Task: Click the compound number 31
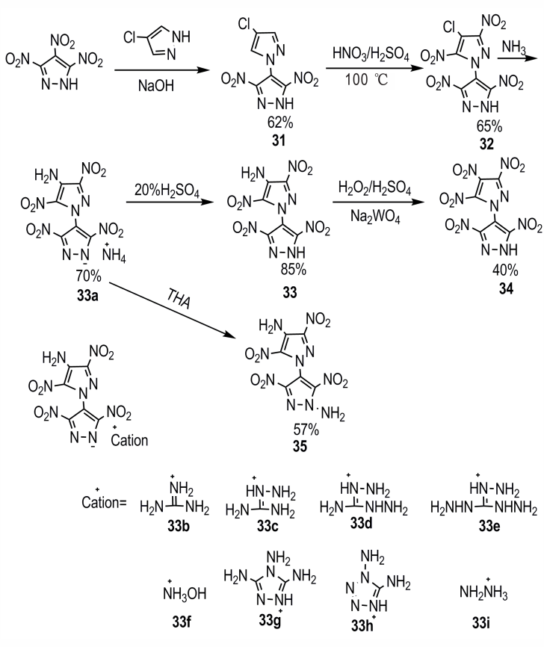coord(279,140)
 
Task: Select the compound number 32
coord(486,144)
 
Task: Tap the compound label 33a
coord(87,294)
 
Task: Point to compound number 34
coord(506,289)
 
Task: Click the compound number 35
coord(300,447)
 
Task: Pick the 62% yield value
coord(279,123)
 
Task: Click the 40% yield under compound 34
coord(505,270)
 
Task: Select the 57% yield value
coord(306,430)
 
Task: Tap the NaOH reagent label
coord(156,85)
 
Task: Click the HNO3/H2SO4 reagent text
coord(371,55)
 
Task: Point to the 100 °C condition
coord(366,78)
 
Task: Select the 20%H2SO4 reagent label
coord(167,191)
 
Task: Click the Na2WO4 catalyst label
coord(375,216)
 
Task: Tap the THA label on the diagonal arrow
coord(179,298)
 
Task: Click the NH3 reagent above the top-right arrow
coord(514,48)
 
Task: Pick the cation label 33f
coord(182,622)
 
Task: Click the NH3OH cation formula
coord(185,593)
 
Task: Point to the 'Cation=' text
coord(104,502)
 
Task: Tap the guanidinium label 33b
coord(179,526)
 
